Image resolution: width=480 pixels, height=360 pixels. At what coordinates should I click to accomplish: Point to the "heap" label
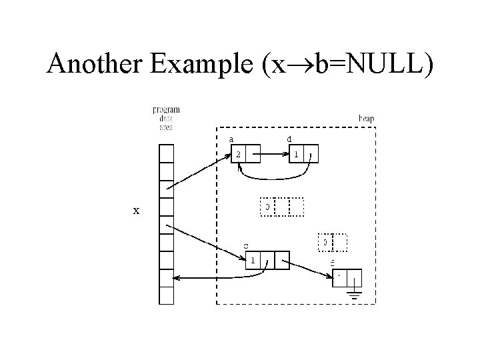pyautogui.click(x=366, y=119)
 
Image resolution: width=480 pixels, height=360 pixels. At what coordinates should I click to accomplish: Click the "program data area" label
pyautogui.click(x=166, y=118)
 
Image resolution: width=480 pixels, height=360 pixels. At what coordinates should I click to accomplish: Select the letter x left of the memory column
pyautogui.click(x=136, y=211)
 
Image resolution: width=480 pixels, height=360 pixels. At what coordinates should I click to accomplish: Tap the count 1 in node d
pyautogui.click(x=297, y=153)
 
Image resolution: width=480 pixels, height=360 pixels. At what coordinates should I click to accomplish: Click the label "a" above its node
pyautogui.click(x=231, y=139)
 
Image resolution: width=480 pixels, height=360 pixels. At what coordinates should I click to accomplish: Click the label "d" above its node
pyautogui.click(x=288, y=139)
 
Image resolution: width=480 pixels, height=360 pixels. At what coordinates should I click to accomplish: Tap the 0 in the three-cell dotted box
pyautogui.click(x=267, y=207)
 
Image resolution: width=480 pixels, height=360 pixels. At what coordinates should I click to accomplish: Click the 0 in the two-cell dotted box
pyautogui.click(x=325, y=242)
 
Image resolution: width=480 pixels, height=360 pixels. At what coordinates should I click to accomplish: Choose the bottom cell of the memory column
pyautogui.click(x=166, y=295)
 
